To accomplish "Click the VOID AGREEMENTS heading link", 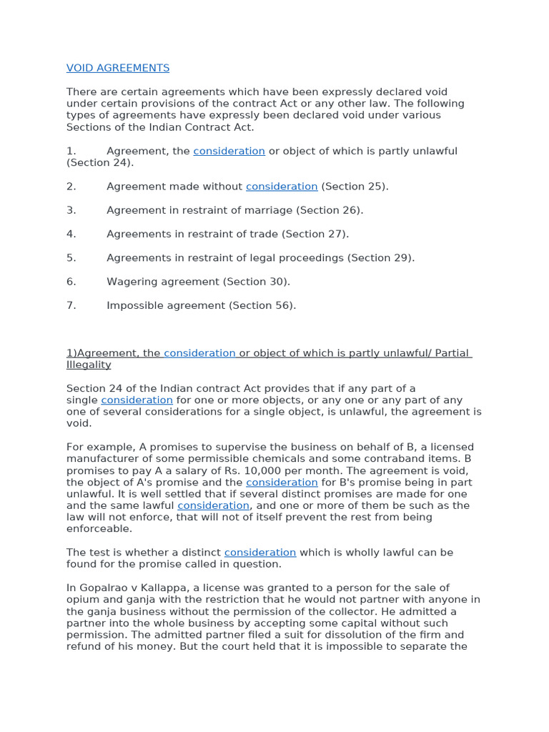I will pyautogui.click(x=118, y=68).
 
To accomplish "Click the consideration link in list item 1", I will pyautogui.click(x=229, y=151).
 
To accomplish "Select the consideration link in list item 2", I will pyautogui.click(x=282, y=187).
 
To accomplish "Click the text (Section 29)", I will pyautogui.click(x=381, y=258).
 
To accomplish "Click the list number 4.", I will pyautogui.click(x=71, y=234).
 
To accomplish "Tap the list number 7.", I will pyautogui.click(x=71, y=305).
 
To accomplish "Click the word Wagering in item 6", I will pyautogui.click(x=132, y=282).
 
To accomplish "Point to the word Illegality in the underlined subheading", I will pyautogui.click(x=89, y=365).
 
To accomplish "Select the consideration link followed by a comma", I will pyautogui.click(x=213, y=505).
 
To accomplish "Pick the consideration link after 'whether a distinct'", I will pyautogui.click(x=259, y=553).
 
